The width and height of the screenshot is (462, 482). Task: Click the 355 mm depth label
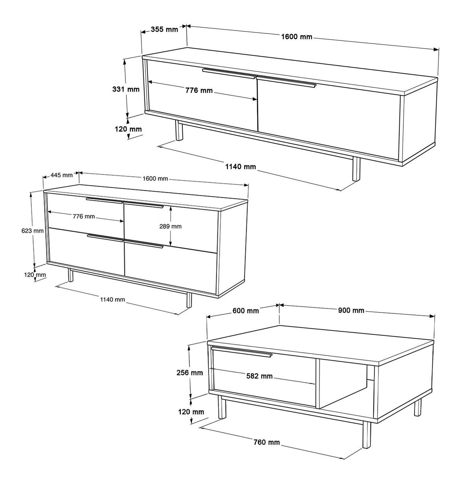click(x=164, y=29)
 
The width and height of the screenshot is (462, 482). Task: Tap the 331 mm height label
click(x=126, y=89)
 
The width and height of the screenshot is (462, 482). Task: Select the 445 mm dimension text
click(x=61, y=175)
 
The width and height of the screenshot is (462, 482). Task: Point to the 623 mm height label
click(x=33, y=231)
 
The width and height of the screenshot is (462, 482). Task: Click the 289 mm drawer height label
click(x=170, y=227)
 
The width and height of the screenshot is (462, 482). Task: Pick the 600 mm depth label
click(x=245, y=310)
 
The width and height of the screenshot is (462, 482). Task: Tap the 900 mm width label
click(x=351, y=310)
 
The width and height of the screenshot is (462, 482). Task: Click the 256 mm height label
click(x=190, y=373)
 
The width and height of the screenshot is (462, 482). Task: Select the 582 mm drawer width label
click(x=260, y=376)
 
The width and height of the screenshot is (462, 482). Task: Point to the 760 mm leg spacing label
click(x=266, y=442)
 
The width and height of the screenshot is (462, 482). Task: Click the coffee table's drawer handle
click(x=242, y=351)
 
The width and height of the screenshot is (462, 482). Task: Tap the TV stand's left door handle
click(x=229, y=74)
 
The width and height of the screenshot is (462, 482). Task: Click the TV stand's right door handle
click(x=286, y=82)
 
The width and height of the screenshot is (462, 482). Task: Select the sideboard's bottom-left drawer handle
click(x=105, y=238)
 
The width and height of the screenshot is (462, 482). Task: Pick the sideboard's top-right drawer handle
click(x=143, y=204)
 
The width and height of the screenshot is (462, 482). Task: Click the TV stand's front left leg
click(x=179, y=131)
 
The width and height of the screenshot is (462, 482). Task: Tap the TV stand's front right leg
click(x=356, y=168)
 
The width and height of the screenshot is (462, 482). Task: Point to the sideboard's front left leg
click(x=71, y=275)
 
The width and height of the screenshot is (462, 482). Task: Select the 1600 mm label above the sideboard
click(x=155, y=179)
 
